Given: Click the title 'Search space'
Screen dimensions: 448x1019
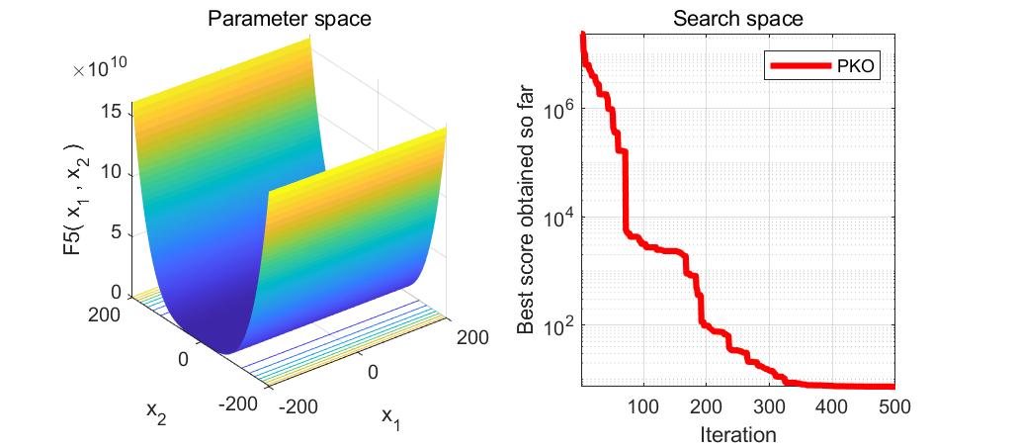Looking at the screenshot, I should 737,19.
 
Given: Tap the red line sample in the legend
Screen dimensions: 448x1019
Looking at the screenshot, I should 800,66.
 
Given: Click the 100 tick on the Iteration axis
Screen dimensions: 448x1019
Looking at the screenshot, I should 643,405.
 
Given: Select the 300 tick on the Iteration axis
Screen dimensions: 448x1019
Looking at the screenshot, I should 768,405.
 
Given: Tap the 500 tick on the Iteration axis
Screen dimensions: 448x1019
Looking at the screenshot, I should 892,405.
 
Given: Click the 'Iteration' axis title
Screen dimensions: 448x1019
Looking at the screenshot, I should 737,433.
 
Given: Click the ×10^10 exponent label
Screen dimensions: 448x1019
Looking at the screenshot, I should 99,70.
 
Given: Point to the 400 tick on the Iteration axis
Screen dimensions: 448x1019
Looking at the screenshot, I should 830,405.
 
